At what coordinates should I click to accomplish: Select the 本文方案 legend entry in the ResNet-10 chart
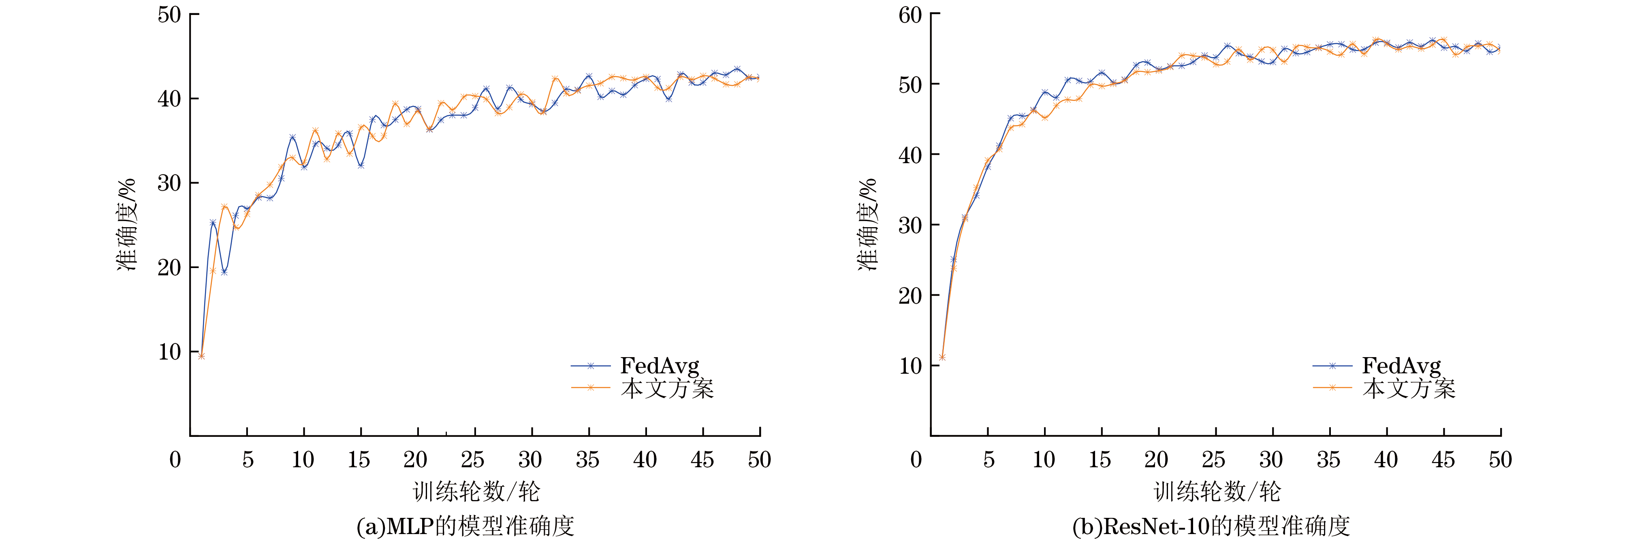coord(1409,388)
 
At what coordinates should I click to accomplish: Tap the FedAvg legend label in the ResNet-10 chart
coord(1401,366)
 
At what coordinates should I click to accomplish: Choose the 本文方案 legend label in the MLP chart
coord(667,388)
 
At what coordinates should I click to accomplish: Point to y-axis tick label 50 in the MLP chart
coord(169,15)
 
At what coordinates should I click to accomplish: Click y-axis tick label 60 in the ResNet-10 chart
coord(910,15)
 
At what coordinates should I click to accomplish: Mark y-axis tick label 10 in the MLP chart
coord(169,352)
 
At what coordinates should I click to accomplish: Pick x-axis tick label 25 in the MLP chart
coord(472,460)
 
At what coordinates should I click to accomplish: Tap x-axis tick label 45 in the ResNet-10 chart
coord(1443,460)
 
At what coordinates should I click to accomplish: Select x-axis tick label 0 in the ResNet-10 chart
coord(916,460)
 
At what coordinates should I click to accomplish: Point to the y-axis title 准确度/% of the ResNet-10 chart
coord(867,225)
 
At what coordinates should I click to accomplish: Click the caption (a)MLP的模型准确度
coord(465,526)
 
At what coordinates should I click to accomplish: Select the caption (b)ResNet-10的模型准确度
coord(1211,526)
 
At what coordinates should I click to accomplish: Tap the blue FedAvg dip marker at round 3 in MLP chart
coord(224,272)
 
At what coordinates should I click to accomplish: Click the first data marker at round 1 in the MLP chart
coord(201,356)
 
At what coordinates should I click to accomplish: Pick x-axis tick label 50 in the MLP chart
coord(759,460)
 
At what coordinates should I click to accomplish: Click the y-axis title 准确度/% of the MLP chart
coord(126,225)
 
